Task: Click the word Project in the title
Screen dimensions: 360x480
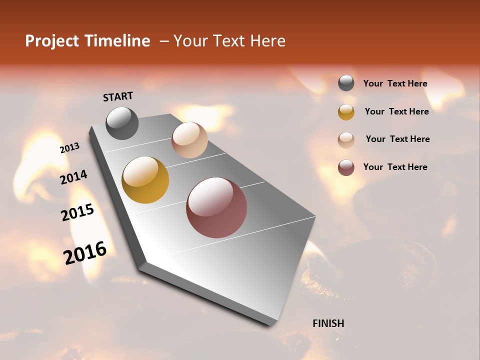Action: coord(51,41)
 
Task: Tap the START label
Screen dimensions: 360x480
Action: coord(118,96)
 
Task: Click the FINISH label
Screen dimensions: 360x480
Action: coord(328,323)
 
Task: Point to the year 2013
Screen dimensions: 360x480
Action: coord(69,148)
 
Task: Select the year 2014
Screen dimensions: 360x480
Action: coord(73,177)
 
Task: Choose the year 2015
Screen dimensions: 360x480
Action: coord(77,212)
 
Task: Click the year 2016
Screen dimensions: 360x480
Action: coord(85,252)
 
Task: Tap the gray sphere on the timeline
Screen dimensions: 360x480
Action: coord(122,123)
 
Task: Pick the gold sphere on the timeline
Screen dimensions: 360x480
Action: coord(145,180)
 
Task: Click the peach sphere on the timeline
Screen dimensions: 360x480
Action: coord(189,140)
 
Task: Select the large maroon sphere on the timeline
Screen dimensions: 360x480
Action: coord(216,207)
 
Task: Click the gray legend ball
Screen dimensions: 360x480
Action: coord(346,83)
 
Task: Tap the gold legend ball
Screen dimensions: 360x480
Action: coord(346,112)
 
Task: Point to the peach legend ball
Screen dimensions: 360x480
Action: coord(346,140)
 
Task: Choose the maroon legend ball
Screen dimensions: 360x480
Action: coord(346,167)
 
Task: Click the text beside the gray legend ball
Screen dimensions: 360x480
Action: coord(395,84)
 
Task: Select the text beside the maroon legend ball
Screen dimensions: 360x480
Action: coord(395,167)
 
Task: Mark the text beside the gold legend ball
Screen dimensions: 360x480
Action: coord(396,111)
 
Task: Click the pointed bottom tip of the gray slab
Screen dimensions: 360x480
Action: coord(270,324)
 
